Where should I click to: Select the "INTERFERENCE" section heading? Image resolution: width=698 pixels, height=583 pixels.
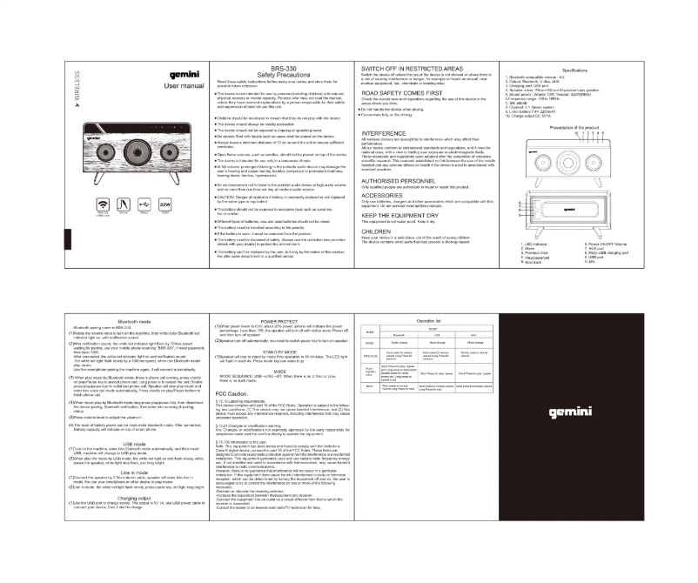pos(384,133)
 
